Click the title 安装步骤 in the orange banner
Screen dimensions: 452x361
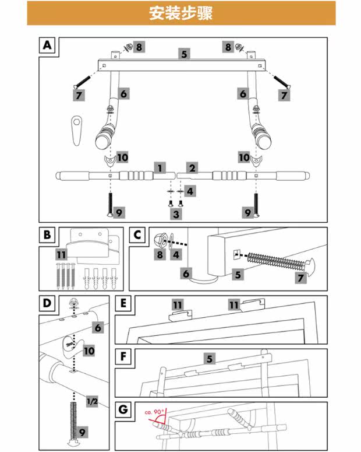coord(180,13)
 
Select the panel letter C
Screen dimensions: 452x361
coord(138,235)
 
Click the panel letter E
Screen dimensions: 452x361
coord(123,303)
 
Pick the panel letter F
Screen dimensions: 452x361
coord(123,356)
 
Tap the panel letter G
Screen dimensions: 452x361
coord(123,409)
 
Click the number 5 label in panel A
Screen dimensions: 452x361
coord(184,54)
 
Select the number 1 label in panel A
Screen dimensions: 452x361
coord(158,168)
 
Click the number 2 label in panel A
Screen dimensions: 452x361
coord(192,168)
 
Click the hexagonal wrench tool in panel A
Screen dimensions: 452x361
coord(75,129)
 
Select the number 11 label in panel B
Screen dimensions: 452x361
coord(62,255)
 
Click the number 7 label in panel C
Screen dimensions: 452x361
coord(301,278)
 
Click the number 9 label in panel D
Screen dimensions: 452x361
coord(83,432)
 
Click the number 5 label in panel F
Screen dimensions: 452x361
coord(209,359)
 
